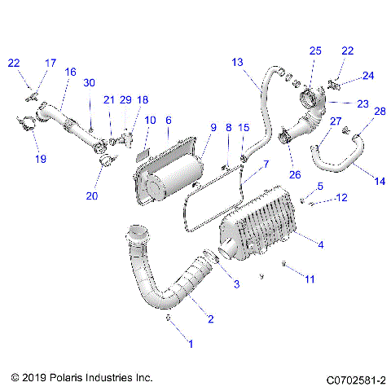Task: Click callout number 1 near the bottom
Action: coord(191,345)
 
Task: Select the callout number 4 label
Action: coord(320,244)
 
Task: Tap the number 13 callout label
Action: coord(237,62)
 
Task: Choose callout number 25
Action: coord(315,51)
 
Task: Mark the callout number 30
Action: coord(90,82)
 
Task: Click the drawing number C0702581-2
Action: coord(355,379)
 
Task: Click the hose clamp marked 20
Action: coord(103,160)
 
